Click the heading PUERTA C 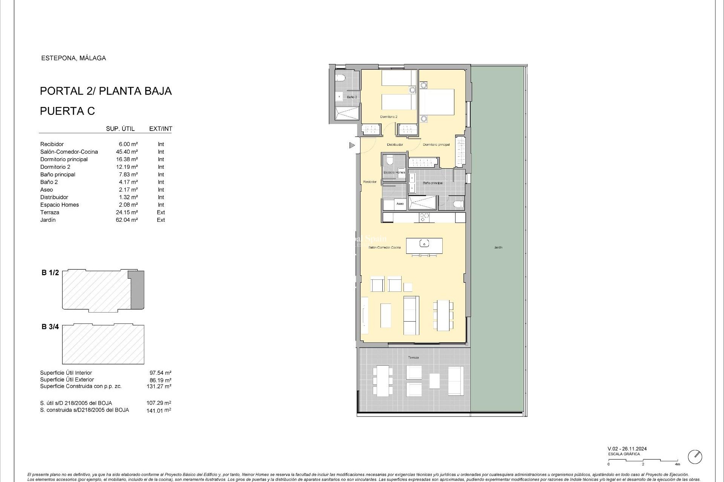point(67,111)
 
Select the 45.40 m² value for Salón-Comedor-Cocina point(127,152)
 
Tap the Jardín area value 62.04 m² point(127,220)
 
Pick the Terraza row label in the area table point(50,212)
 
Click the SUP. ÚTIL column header point(120,129)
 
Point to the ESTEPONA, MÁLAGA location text point(74,58)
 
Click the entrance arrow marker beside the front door point(352,145)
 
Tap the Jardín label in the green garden point(498,247)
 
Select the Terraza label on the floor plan point(413,357)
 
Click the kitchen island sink point(424,244)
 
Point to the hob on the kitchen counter point(424,217)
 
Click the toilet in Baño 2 point(341,78)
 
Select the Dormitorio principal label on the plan point(436,145)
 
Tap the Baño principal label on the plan point(433,183)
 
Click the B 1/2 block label point(50,273)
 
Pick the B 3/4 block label point(50,327)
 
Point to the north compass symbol point(695,457)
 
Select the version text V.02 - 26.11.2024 point(627,449)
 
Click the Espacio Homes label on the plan point(394,172)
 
